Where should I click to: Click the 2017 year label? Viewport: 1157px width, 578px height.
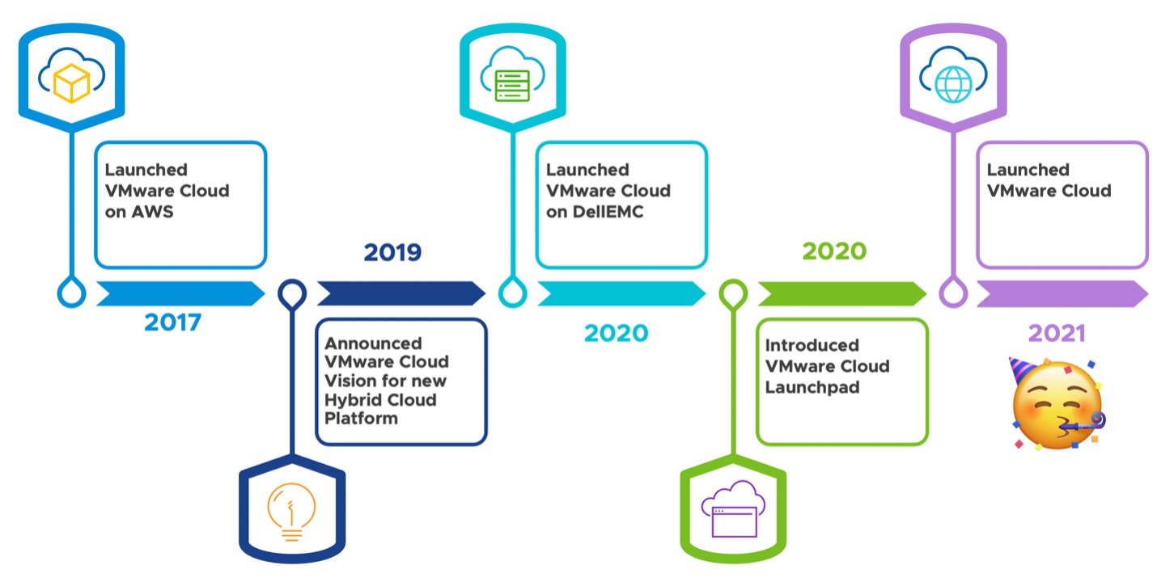coord(172,323)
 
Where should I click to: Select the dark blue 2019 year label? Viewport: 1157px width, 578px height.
coord(392,252)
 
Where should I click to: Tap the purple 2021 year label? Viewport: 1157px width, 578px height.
coord(1057,333)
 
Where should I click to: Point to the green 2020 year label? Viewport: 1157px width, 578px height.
coord(834,251)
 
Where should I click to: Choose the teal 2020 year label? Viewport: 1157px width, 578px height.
coord(617,333)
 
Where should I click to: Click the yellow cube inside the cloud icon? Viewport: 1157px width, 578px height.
coord(71,83)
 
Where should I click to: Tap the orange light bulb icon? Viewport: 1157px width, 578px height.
coord(291,512)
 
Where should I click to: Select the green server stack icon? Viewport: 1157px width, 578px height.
coord(512,85)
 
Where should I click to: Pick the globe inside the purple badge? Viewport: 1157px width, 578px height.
coord(953,84)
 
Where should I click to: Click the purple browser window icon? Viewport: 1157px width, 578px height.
coord(734,521)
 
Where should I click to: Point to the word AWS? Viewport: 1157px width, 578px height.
coord(152,212)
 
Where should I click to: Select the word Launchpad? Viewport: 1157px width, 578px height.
coord(812,387)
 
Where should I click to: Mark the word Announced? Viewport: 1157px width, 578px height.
coord(373,344)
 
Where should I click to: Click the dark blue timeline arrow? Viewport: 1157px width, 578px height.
coord(401,293)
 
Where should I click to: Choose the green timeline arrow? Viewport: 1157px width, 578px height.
coord(842,293)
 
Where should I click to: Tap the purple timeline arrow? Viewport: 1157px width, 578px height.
coord(1062,293)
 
